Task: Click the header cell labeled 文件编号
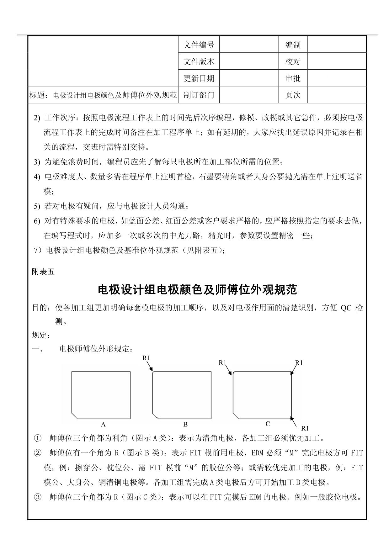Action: pyautogui.click(x=199, y=45)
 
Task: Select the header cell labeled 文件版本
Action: pyautogui.click(x=199, y=61)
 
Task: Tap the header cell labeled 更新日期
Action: pyautogui.click(x=199, y=78)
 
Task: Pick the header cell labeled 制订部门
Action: pyautogui.click(x=199, y=95)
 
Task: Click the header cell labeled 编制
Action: pyautogui.click(x=293, y=45)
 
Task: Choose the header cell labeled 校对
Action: pyautogui.click(x=293, y=61)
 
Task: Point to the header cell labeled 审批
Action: pyautogui.click(x=293, y=78)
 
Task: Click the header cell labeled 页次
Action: pyautogui.click(x=293, y=95)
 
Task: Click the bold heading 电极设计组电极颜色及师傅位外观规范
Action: pyautogui.click(x=197, y=290)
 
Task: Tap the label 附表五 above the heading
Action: pyautogui.click(x=43, y=272)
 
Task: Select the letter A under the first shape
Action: pyautogui.click(x=103, y=425)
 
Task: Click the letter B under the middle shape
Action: pyautogui.click(x=185, y=425)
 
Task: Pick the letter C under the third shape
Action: pyautogui.click(x=268, y=424)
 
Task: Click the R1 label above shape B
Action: pyautogui.click(x=147, y=358)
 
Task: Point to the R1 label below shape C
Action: pyautogui.click(x=305, y=428)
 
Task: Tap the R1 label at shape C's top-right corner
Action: pyautogui.click(x=299, y=363)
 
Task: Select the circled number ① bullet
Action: pyautogui.click(x=37, y=438)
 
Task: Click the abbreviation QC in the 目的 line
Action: pyautogui.click(x=346, y=308)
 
